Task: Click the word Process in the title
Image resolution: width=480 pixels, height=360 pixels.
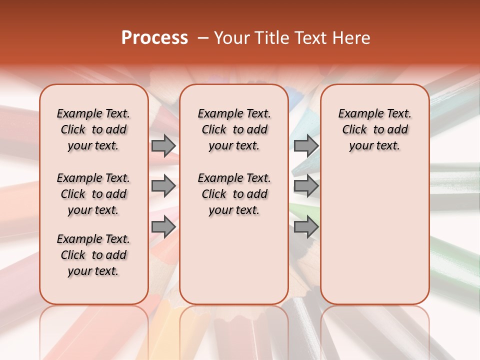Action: pos(154,38)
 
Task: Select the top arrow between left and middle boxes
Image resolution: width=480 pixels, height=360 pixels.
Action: pos(163,145)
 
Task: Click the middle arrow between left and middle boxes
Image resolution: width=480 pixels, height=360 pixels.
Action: pos(163,186)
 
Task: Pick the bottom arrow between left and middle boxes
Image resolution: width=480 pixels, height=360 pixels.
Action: pos(163,227)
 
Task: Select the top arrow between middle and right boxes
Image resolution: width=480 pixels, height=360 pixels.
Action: pos(306,145)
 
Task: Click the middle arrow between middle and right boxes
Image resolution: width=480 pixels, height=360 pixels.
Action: pos(306,186)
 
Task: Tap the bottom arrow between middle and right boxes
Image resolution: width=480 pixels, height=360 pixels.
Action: pos(306,227)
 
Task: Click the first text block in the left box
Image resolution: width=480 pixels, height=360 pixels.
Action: pos(93,129)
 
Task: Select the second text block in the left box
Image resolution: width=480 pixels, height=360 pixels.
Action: pos(93,194)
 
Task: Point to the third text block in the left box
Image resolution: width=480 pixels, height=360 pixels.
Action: pos(93,255)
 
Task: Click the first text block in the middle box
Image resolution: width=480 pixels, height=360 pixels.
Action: pos(234,129)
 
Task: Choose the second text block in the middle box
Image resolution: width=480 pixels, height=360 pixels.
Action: pos(234,194)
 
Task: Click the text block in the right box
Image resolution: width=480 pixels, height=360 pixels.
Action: pos(375,129)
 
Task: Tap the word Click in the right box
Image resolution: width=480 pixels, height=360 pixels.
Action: pos(354,130)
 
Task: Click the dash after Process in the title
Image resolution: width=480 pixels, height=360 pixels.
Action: pos(203,38)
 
